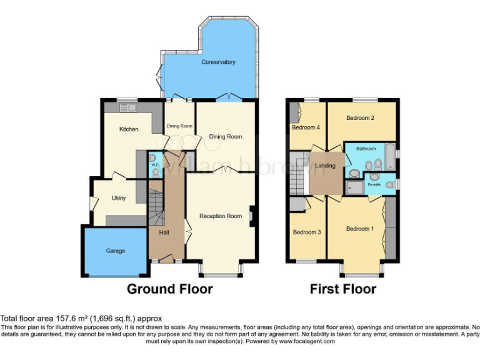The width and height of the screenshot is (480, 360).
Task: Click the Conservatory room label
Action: (218, 62)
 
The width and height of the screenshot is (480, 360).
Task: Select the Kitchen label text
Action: (129, 129)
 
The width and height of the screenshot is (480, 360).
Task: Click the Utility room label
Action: (119, 198)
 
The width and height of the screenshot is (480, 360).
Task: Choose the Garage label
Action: (115, 251)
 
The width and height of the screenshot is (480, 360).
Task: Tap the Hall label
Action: (164, 232)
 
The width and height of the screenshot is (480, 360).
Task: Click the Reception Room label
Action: (220, 216)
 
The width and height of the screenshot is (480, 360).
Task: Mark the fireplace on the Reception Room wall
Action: (251, 216)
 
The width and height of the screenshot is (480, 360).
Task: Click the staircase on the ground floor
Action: (155, 206)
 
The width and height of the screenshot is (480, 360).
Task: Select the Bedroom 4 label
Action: (306, 127)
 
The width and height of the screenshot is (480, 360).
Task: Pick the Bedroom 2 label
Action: (360, 117)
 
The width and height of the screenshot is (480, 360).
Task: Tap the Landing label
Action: (326, 166)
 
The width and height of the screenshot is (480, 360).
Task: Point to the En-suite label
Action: (374, 185)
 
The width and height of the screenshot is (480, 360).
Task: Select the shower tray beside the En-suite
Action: (354, 186)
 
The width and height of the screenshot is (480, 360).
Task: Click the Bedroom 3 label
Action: (307, 232)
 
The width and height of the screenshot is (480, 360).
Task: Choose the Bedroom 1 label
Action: (360, 229)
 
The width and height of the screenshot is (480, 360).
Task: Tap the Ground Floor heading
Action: (169, 289)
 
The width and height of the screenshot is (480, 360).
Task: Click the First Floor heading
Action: (342, 289)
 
